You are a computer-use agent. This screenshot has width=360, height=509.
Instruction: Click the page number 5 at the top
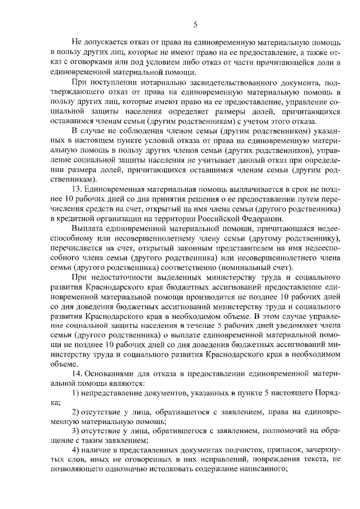coord(195,24)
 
